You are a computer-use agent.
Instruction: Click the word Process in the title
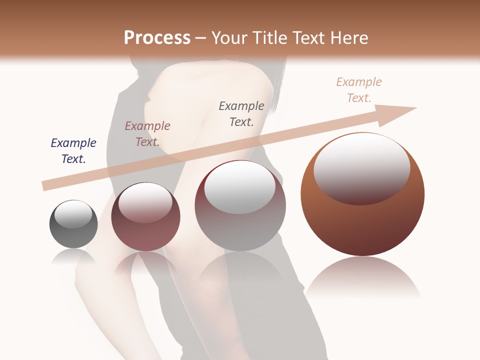click(157, 38)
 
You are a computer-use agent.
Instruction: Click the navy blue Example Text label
click(73, 151)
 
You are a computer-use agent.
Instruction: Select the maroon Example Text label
click(147, 134)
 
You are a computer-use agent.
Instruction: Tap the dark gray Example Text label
click(241, 113)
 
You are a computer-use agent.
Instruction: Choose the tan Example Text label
click(359, 90)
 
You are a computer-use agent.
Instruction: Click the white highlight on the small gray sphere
click(73, 214)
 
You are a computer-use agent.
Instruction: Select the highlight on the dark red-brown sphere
click(145, 202)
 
